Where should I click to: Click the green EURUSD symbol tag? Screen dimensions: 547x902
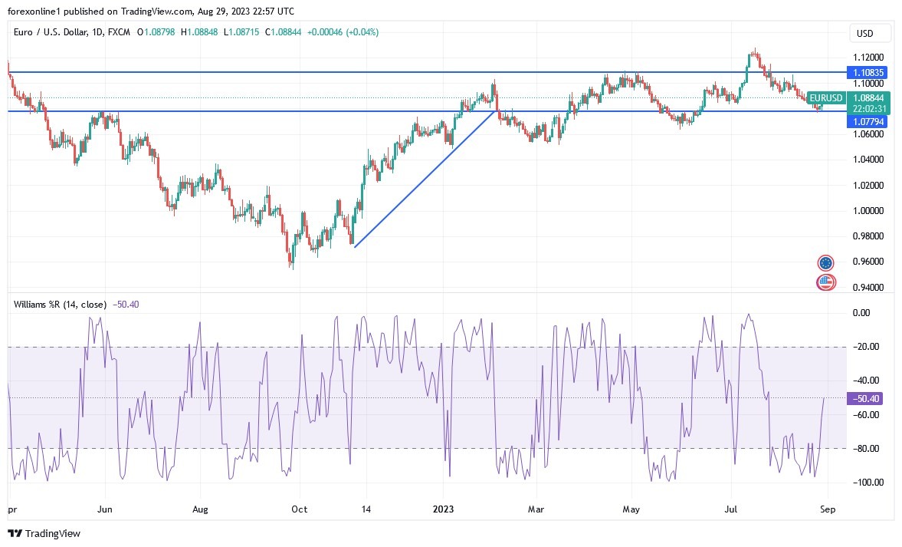point(826,98)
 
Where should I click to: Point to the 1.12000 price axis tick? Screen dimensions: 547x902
point(869,58)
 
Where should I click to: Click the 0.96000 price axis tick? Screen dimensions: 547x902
point(869,262)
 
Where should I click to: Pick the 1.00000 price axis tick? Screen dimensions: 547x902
point(869,211)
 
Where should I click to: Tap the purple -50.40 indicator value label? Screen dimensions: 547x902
point(867,398)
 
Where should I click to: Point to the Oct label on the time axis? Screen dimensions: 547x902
point(300,509)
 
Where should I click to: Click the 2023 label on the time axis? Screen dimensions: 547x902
point(444,509)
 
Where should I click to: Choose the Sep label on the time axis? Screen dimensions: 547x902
point(828,509)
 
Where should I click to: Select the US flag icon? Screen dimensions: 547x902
point(825,282)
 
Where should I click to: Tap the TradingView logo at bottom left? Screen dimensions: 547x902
point(44,533)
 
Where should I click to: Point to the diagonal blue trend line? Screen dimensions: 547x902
point(424,179)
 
